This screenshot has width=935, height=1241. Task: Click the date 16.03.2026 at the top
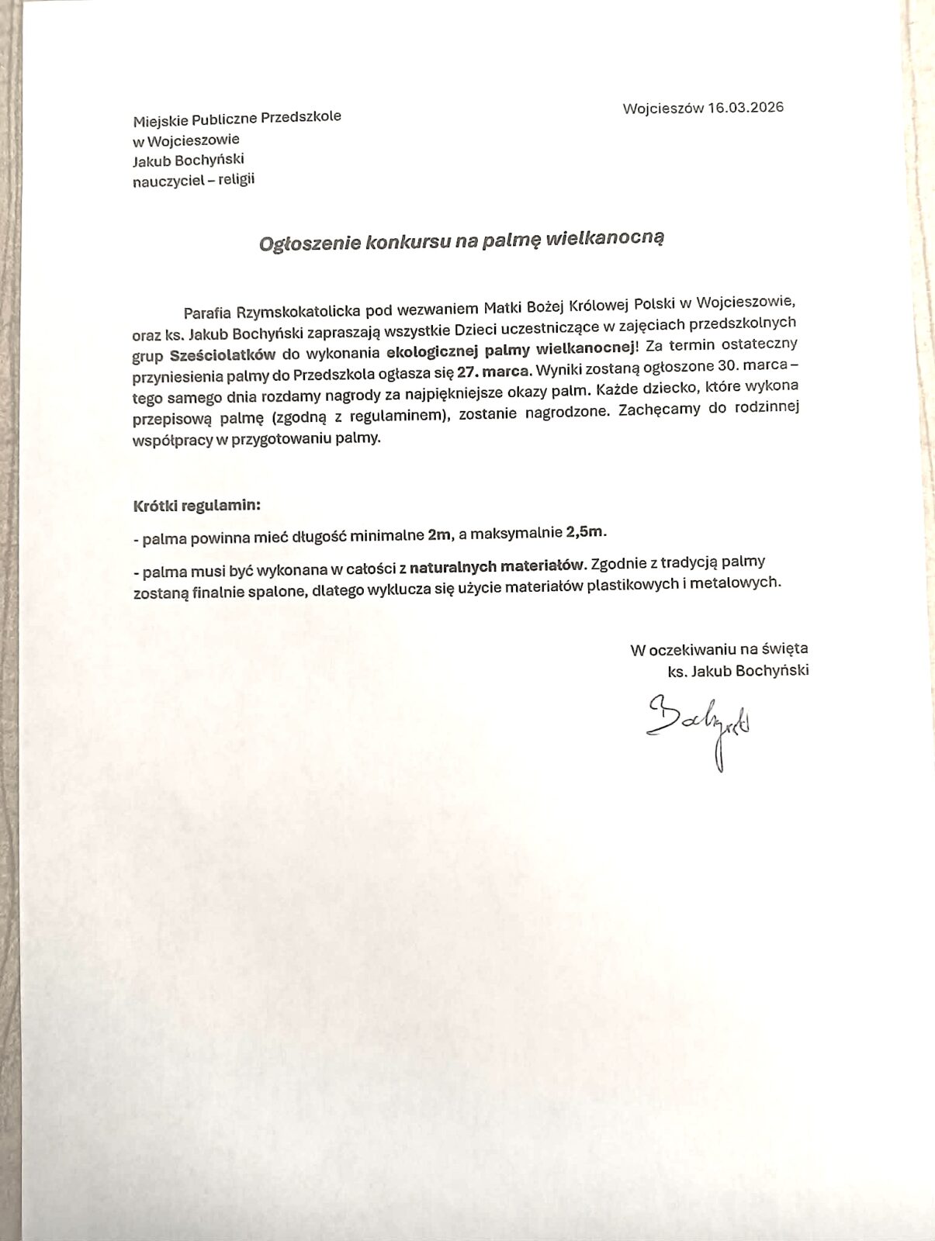click(745, 107)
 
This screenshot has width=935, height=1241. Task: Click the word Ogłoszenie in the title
click(300, 243)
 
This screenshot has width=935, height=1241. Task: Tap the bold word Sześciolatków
click(222, 355)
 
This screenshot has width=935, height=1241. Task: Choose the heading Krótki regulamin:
click(197, 505)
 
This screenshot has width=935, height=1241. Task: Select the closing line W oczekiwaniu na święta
click(719, 648)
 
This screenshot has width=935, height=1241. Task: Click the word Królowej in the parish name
click(596, 302)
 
